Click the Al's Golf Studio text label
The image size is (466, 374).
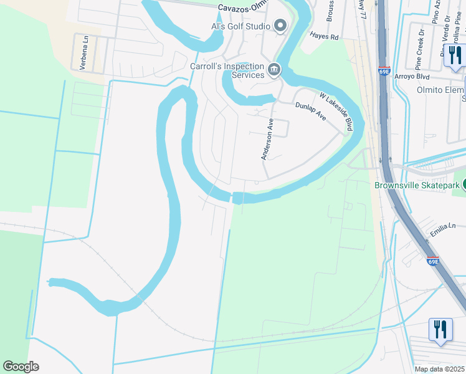[240, 26]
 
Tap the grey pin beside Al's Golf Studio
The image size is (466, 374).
[280, 26]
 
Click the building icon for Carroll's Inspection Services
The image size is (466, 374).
[273, 69]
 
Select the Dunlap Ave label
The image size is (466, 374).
[311, 112]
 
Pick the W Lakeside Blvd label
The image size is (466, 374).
[336, 112]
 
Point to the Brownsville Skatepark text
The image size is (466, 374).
[417, 185]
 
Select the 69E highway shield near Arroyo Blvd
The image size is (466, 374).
[384, 71]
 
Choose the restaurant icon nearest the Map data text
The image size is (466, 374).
[440, 330]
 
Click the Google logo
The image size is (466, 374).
[21, 367]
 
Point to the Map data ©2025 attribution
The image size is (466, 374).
[440, 369]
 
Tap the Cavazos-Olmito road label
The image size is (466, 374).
[247, 8]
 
